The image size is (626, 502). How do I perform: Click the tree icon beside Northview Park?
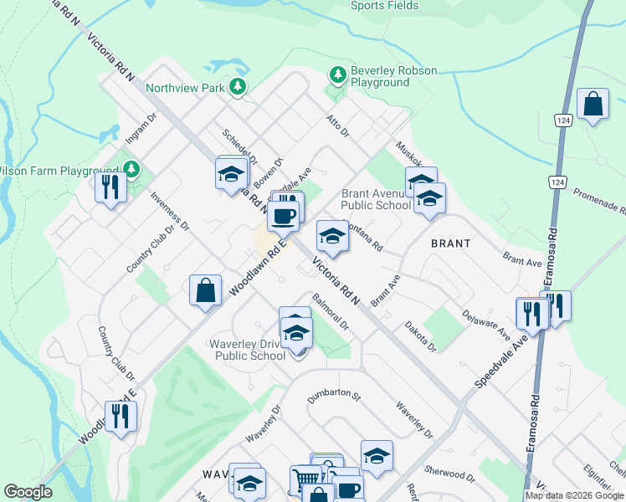tap(239, 86)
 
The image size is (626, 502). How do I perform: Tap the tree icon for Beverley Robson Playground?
tap(338, 76)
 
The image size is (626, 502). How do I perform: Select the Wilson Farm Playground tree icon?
tap(131, 170)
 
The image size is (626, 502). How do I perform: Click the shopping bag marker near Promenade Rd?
tap(593, 105)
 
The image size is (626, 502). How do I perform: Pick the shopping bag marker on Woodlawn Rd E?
tap(206, 291)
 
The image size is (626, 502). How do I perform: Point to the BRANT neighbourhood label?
tap(450, 243)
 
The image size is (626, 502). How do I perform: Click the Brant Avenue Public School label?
tap(376, 199)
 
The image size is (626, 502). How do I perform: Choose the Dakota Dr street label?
tap(420, 336)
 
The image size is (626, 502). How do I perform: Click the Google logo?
tap(28, 492)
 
